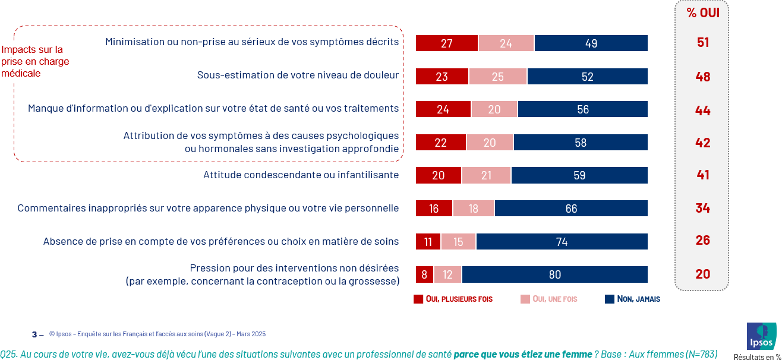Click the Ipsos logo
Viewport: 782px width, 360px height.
coord(761,336)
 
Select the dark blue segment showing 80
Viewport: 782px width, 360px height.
coord(554,274)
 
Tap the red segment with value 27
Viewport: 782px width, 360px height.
coord(447,43)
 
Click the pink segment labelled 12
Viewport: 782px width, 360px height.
coord(447,274)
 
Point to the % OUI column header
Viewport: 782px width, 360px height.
coord(702,13)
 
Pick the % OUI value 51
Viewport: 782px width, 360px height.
coord(703,43)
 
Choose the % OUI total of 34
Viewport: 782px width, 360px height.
coord(703,208)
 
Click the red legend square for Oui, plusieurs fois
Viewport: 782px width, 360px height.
coord(418,299)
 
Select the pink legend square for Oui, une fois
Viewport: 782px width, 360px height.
coord(525,299)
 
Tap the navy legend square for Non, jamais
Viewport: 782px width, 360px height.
coord(609,299)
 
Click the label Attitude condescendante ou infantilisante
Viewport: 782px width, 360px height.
coord(301,175)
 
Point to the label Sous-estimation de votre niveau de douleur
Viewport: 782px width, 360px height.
coord(298,75)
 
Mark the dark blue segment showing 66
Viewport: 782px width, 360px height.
coord(571,209)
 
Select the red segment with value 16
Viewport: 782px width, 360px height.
coord(434,209)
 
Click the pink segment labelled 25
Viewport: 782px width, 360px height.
coord(498,77)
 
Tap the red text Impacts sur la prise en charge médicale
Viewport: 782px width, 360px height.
coord(35,62)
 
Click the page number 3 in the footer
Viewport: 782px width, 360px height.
coord(34,334)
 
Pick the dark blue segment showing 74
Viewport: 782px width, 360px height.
coord(562,242)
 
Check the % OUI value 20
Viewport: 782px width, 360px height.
coord(703,274)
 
